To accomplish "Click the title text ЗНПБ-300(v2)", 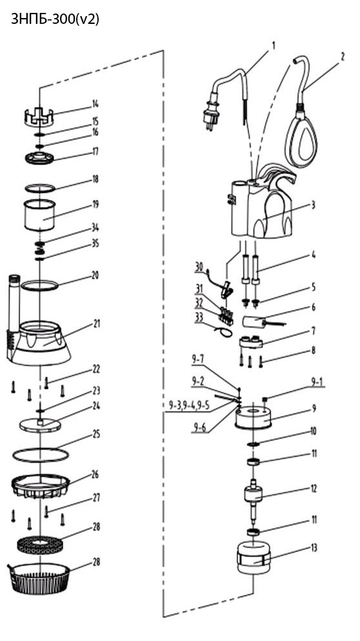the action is [55, 19].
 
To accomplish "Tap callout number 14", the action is [95, 104].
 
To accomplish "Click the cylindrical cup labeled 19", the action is [39, 215].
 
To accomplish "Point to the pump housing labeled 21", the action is [39, 343].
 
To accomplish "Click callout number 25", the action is [96, 434].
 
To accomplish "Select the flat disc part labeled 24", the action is [40, 425].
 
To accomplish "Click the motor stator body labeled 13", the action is [254, 558].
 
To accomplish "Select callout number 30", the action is [199, 267].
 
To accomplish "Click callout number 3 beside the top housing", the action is [314, 205].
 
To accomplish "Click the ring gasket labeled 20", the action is [40, 285].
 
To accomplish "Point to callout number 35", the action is [95, 244].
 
